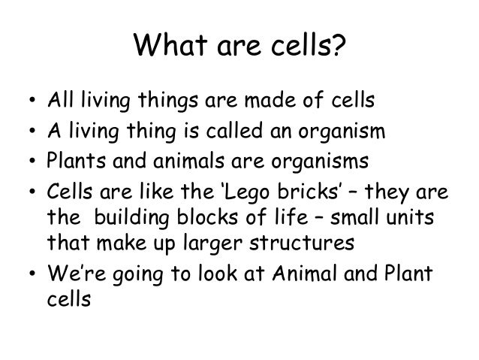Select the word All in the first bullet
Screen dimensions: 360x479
(60, 101)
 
